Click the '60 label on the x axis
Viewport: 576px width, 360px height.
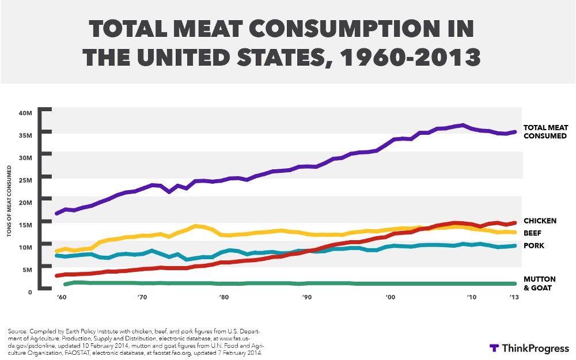(x=61, y=297)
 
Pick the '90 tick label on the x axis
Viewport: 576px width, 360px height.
(x=307, y=297)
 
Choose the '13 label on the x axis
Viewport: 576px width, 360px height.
(x=513, y=297)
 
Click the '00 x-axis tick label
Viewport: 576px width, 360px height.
(x=391, y=297)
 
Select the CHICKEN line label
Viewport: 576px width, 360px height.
(x=540, y=221)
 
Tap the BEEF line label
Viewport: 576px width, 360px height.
(x=532, y=233)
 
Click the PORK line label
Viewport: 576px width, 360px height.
(x=533, y=246)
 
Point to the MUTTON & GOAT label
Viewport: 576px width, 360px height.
(x=540, y=283)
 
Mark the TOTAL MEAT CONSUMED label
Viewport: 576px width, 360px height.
(x=545, y=132)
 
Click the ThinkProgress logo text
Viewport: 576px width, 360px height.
(x=535, y=348)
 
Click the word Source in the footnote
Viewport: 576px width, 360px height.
(x=18, y=332)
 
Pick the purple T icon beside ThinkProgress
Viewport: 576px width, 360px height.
(x=494, y=348)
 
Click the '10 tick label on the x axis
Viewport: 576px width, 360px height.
(x=472, y=297)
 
